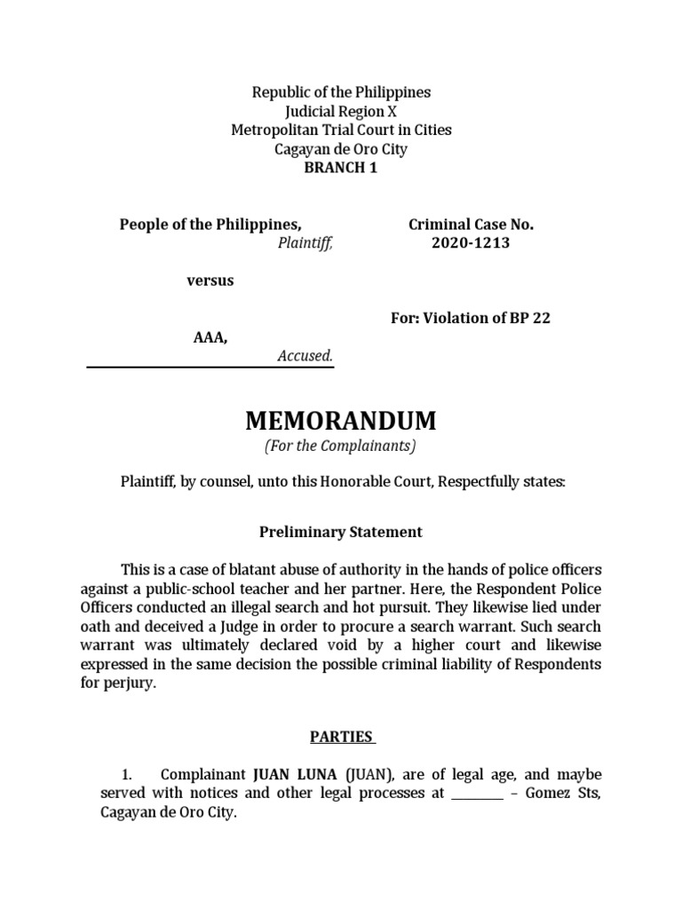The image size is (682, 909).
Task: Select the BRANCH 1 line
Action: [341, 169]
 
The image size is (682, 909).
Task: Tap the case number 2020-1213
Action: [471, 242]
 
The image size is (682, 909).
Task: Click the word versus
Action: [210, 281]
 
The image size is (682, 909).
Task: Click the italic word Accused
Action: [305, 356]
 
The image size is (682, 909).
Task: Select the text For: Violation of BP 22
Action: [471, 318]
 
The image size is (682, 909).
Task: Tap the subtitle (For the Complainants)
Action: [341, 447]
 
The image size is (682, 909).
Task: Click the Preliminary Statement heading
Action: [341, 533]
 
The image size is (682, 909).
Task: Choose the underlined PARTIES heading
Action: [341, 737]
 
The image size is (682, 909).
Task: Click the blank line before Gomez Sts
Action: [478, 794]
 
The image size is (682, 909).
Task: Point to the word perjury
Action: [131, 684]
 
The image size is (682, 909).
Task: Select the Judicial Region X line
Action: [341, 111]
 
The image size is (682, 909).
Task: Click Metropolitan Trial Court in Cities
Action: [341, 130]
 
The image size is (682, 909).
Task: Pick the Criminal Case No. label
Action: [471, 225]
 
